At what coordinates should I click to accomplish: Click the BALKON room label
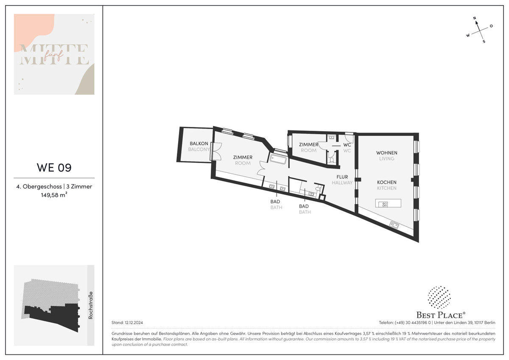coord(199,143)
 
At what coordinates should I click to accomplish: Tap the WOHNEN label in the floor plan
coord(386,153)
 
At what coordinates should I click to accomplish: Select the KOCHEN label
coord(386,183)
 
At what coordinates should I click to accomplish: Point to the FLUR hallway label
coord(342,177)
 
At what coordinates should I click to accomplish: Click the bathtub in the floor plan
coord(278,159)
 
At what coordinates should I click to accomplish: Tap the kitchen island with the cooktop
coord(388,203)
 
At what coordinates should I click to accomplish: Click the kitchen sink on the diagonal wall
coord(394,225)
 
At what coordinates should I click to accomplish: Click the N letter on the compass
coord(475,18)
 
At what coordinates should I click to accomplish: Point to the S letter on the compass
coord(484,42)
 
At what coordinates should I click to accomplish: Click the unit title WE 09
coord(54,168)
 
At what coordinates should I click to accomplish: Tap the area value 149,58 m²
coord(54,195)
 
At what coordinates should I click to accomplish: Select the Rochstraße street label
coord(91,305)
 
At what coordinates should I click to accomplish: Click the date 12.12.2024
coord(134,323)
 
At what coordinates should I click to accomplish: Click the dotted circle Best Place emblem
coord(439,298)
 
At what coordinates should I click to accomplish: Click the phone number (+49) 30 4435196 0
coord(412,323)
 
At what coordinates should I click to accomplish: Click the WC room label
coord(347,145)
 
